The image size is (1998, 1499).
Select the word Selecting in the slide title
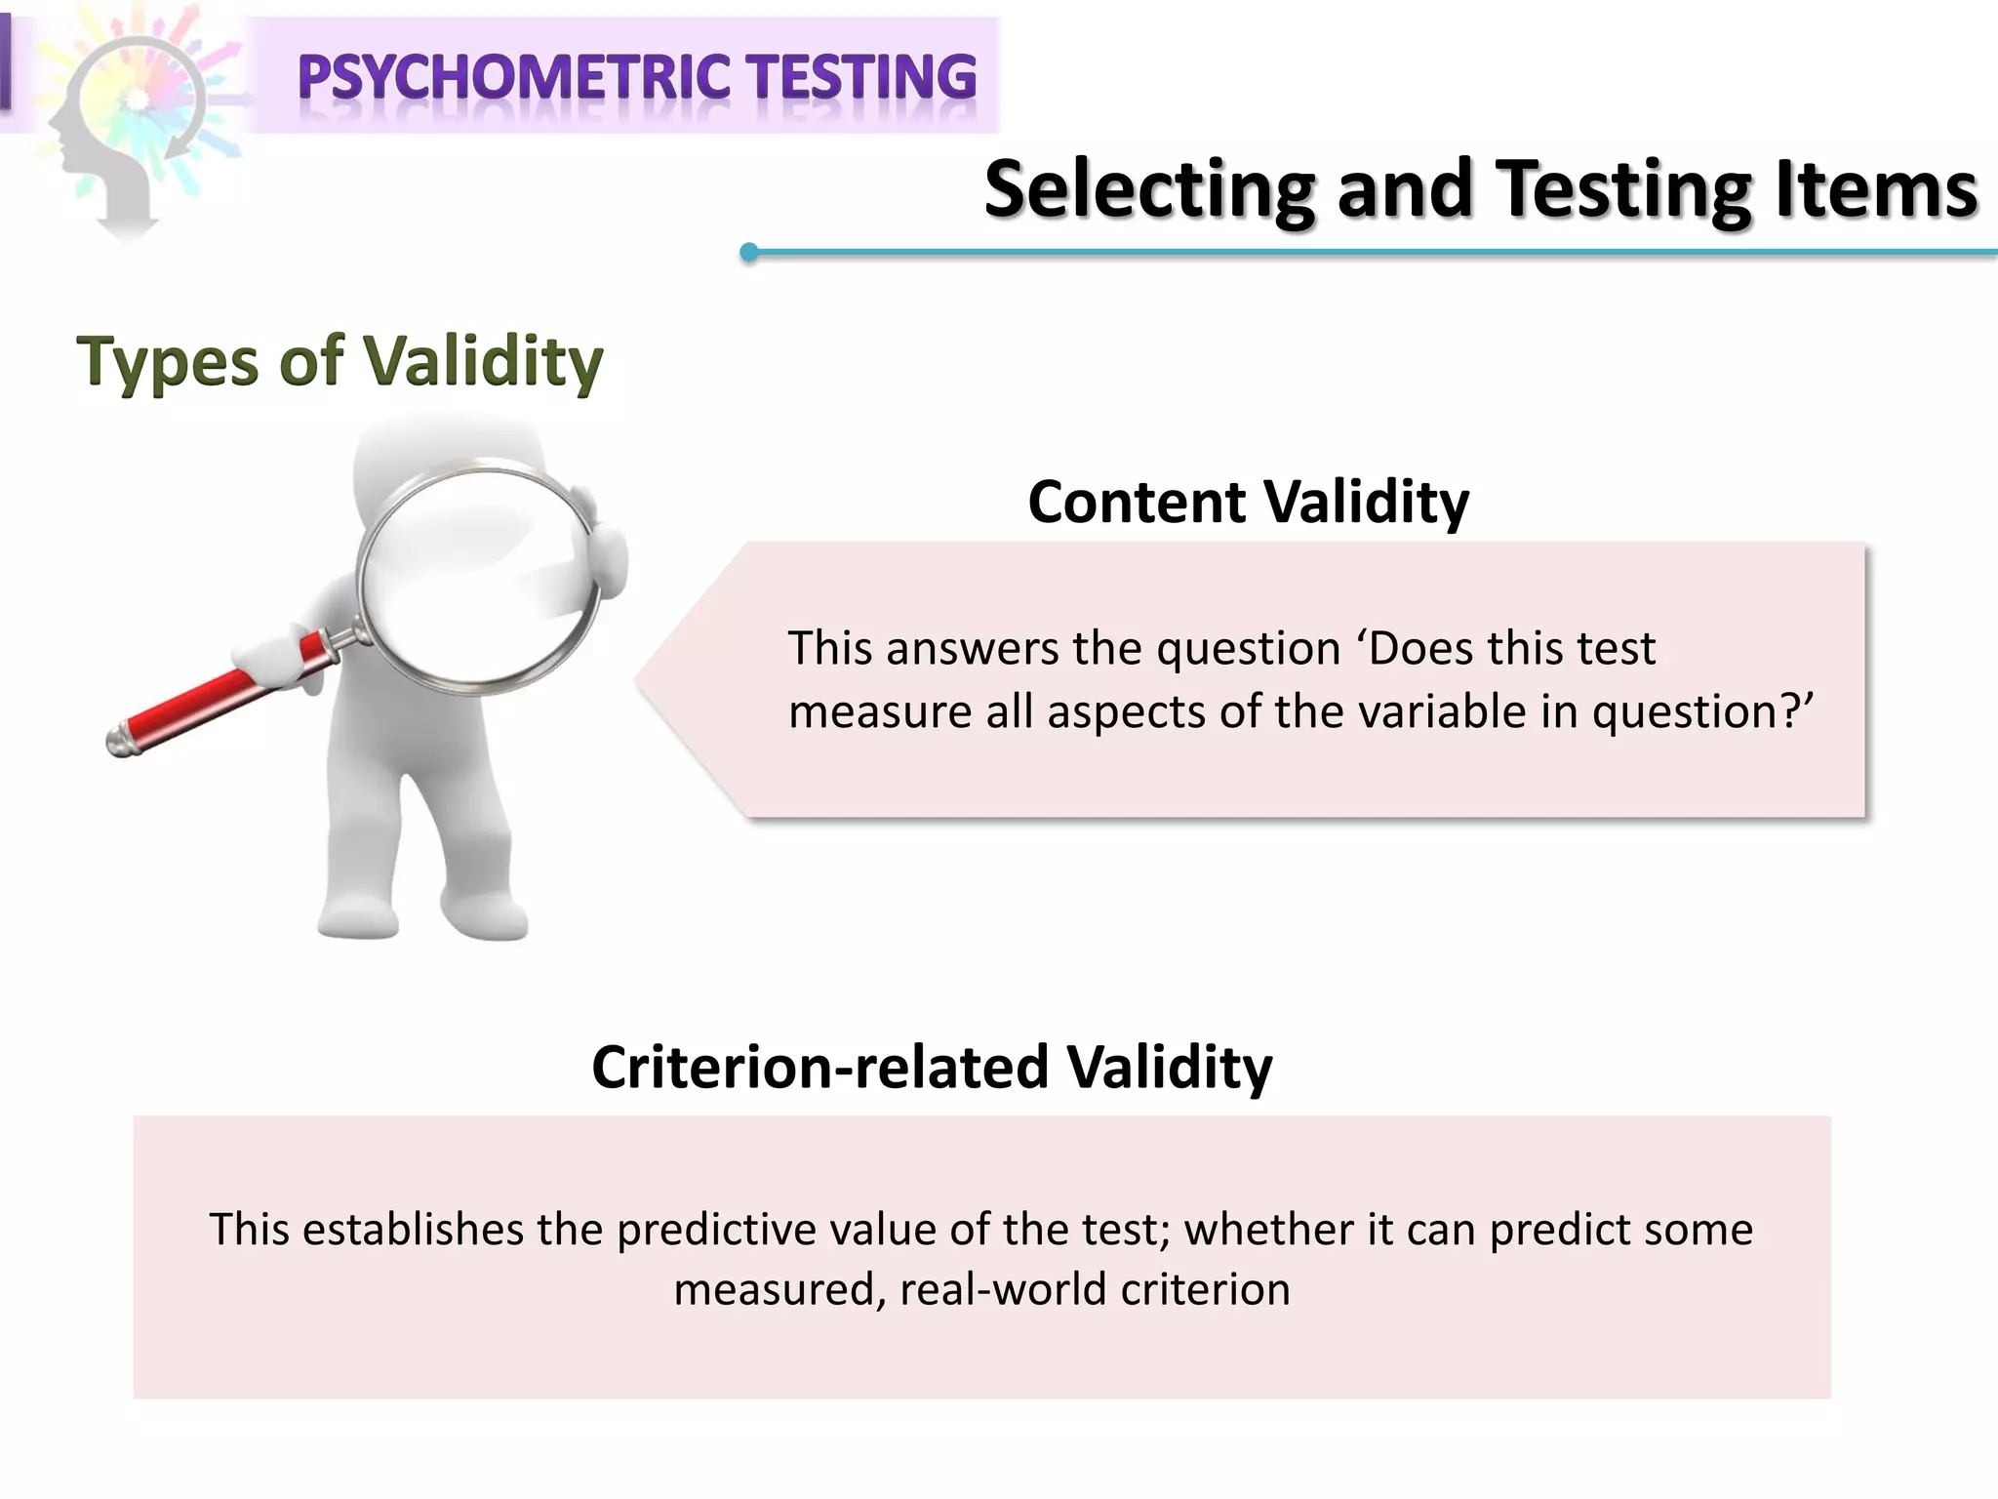tap(1149, 190)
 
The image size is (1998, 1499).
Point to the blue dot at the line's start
tap(749, 253)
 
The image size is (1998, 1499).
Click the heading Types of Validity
tap(340, 361)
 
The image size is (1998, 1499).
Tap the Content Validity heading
tap(1248, 503)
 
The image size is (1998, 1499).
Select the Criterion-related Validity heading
tap(932, 1067)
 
